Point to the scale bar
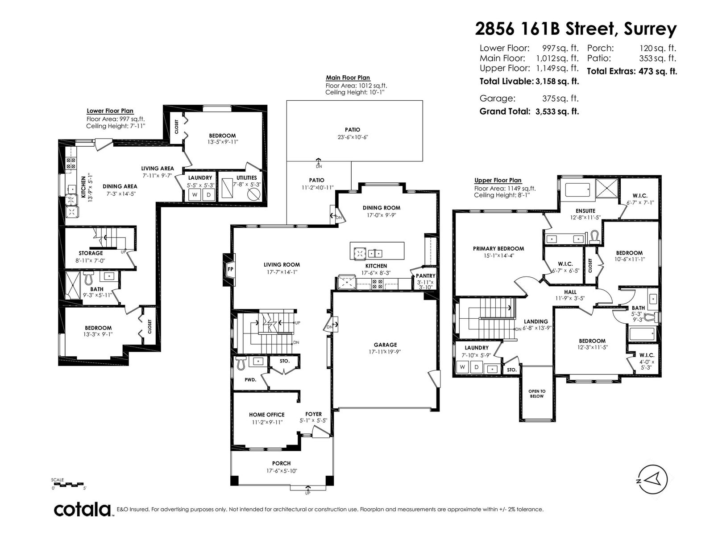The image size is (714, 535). [68, 484]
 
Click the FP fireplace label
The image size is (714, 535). [230, 269]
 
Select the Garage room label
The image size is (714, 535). [385, 345]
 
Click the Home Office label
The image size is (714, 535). [267, 415]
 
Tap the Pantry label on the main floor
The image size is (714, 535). [425, 276]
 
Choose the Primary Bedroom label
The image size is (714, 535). [498, 248]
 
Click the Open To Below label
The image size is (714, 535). [537, 394]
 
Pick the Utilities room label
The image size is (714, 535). [247, 178]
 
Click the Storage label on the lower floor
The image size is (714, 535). [91, 253]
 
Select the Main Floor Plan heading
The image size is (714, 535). [348, 78]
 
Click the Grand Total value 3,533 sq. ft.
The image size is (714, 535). [557, 111]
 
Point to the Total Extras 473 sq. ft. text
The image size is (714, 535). [632, 71]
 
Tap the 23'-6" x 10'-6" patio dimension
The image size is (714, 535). [353, 137]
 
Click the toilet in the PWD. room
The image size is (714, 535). [241, 363]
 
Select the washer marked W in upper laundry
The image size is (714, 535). [462, 367]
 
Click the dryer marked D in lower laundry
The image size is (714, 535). [209, 194]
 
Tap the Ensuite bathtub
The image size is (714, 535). [577, 190]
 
